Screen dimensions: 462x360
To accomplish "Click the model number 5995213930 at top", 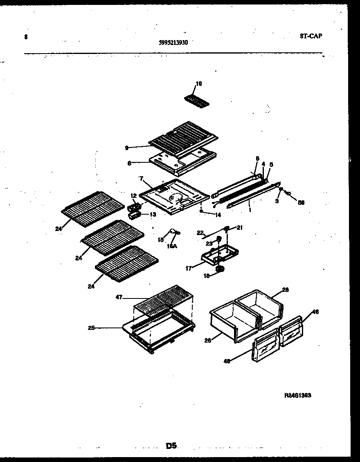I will pyautogui.click(x=173, y=42).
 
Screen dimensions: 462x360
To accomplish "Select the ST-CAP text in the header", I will pyautogui.click(x=310, y=36).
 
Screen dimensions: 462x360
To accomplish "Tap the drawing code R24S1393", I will pyautogui.click(x=298, y=395).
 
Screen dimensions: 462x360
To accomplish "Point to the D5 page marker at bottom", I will pyautogui.click(x=171, y=446).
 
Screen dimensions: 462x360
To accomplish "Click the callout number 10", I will pyautogui.click(x=198, y=84).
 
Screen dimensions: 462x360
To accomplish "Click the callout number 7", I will pyautogui.click(x=142, y=179).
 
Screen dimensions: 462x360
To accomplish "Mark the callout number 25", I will pyautogui.click(x=91, y=327).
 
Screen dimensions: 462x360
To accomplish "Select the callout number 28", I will pyautogui.click(x=285, y=289).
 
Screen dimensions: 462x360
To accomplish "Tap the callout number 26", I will pyautogui.click(x=208, y=340).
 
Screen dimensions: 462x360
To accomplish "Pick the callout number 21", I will pyautogui.click(x=239, y=227).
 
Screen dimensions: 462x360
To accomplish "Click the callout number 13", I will pyautogui.click(x=153, y=214).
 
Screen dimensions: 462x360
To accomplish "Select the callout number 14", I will pyautogui.click(x=218, y=214).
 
